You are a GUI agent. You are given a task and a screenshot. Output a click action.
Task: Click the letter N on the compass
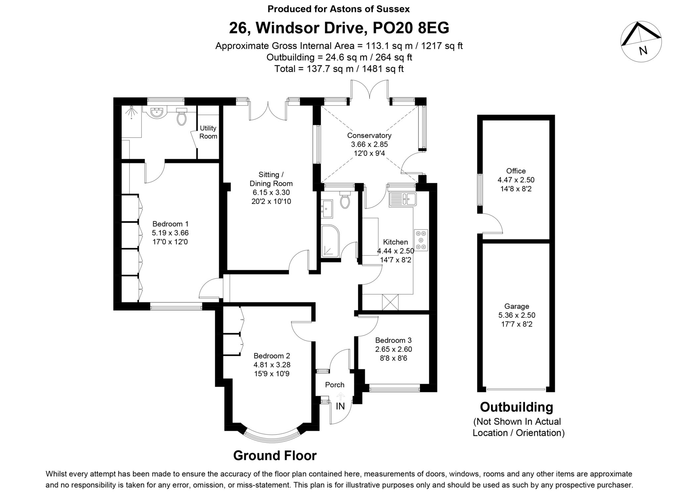[x=643, y=51]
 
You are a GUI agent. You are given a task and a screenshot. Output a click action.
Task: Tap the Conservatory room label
[x=369, y=136]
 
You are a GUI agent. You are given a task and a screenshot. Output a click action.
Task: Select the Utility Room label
[x=208, y=132]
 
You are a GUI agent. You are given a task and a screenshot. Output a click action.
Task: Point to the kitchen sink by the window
[x=403, y=199]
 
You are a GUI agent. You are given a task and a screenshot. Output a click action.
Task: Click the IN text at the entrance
[x=340, y=406]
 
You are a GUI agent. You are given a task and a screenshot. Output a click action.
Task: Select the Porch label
[x=334, y=385]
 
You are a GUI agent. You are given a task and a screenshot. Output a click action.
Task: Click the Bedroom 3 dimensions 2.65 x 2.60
[x=393, y=349]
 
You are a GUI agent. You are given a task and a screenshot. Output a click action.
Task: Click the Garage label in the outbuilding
[x=516, y=306]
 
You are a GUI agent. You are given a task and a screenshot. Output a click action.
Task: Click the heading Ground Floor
[x=275, y=456]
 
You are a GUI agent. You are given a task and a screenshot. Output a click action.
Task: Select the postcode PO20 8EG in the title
[x=411, y=28]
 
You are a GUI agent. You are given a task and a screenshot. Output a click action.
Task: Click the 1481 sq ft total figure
[x=383, y=69]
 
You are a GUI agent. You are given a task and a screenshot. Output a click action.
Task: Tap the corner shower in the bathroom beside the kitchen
[x=330, y=241]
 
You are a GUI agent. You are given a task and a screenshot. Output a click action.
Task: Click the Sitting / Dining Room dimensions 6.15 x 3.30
[x=271, y=192]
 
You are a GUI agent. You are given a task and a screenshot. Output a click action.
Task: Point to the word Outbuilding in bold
[x=516, y=407]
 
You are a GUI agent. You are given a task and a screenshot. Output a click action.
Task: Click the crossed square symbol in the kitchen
[x=390, y=302]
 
